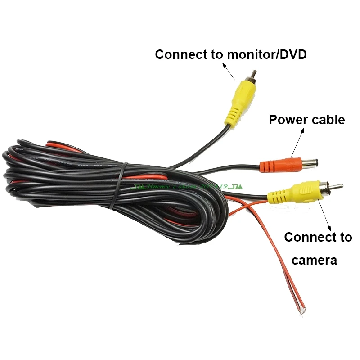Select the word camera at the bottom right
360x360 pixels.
(x=314, y=260)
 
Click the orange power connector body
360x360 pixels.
(x=274, y=164)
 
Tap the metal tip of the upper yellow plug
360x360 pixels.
(x=254, y=72)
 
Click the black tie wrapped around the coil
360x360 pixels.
(x=119, y=184)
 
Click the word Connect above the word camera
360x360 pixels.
(x=306, y=237)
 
